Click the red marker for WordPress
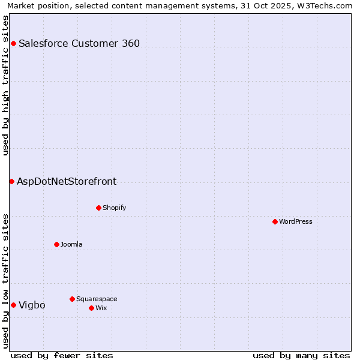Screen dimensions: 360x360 tap(275, 221)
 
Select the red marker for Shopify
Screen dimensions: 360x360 tap(98, 208)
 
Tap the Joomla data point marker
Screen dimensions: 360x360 tap(56, 244)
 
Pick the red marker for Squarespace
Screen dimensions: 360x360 tap(72, 299)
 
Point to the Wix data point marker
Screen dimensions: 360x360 tap(91, 308)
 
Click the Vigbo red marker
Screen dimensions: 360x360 tap(13, 305)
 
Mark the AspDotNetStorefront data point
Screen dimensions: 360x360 tap(11, 181)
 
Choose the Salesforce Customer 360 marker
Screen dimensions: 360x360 tap(13, 43)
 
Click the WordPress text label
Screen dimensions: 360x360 tap(296, 221)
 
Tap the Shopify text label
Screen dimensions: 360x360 tap(114, 208)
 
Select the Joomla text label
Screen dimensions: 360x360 tap(71, 244)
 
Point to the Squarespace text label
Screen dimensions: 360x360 tap(97, 299)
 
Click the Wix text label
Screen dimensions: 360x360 tap(101, 308)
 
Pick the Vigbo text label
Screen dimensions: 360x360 tap(32, 305)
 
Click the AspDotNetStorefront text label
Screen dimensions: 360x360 tap(67, 181)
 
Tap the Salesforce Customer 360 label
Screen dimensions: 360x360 tap(79, 43)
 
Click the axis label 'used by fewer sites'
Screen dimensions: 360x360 tap(62, 355)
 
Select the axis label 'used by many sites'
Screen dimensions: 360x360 tap(301, 355)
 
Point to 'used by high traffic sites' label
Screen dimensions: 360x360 tap(6, 85)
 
